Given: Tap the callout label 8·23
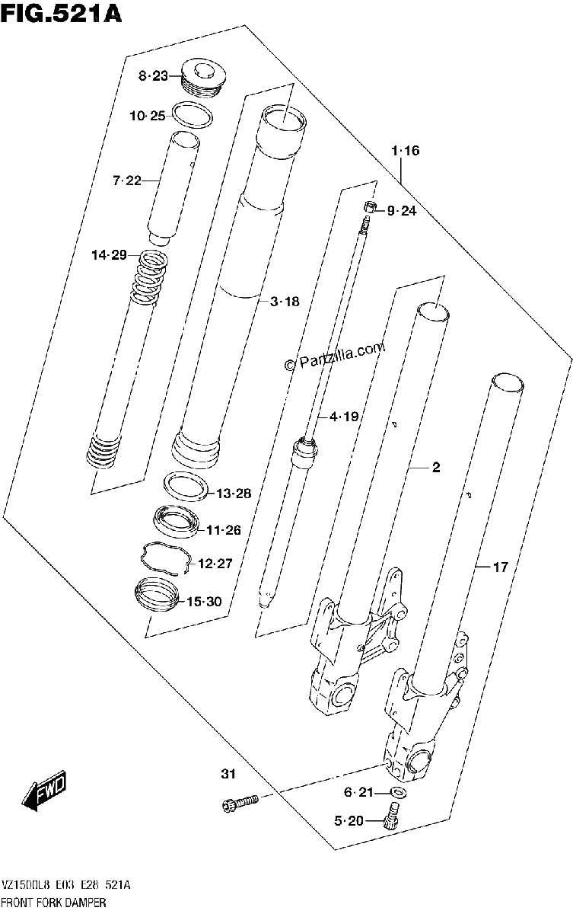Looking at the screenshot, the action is pos(153,76).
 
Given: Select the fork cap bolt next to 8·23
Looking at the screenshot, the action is pos(203,77).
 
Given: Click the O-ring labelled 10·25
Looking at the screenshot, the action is pos(193,114).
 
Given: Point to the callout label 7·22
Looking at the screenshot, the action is pos(127,180).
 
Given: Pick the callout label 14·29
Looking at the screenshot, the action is pos(110,255).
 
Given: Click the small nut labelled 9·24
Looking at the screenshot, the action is pos(369,207).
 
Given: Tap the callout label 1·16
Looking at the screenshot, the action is pos(405,151).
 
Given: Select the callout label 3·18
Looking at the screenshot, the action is pos(285,302).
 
